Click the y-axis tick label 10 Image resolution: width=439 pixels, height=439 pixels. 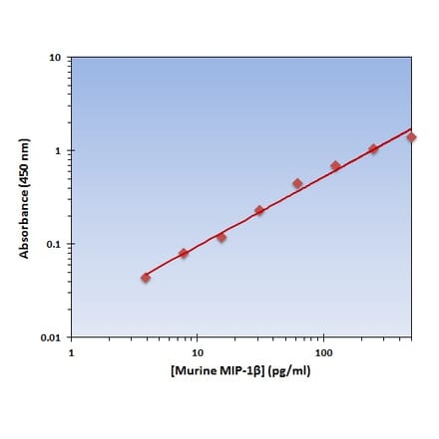point(56,58)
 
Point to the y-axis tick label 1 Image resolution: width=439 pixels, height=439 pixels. point(59,151)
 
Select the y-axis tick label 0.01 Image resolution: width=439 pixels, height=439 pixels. point(51,337)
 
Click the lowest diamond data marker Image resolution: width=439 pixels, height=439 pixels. point(146,278)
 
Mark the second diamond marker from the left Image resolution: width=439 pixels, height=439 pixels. point(184,254)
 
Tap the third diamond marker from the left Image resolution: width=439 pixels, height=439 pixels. point(221,237)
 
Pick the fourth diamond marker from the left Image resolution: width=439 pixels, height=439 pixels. point(259,210)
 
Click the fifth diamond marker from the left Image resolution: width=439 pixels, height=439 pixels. point(297,183)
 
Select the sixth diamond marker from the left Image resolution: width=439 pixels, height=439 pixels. point(335,166)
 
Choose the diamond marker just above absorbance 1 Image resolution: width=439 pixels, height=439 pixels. point(373,149)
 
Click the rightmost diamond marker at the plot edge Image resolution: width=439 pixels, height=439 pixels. point(410,136)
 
